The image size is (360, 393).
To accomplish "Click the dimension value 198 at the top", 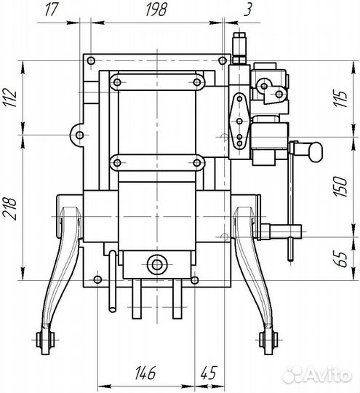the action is click(x=156, y=10).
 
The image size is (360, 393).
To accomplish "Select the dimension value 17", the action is click(x=51, y=10).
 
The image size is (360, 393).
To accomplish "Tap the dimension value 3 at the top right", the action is click(x=247, y=10).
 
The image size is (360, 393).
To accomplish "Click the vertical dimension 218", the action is click(x=9, y=209).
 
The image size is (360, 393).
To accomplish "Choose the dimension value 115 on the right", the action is click(x=342, y=99).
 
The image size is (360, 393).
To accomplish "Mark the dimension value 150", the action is click(x=340, y=186).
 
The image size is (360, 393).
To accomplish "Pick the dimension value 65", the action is click(x=341, y=259).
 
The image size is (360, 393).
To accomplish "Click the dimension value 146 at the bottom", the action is click(x=145, y=373).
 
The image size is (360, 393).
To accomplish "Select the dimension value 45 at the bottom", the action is click(x=209, y=373).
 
